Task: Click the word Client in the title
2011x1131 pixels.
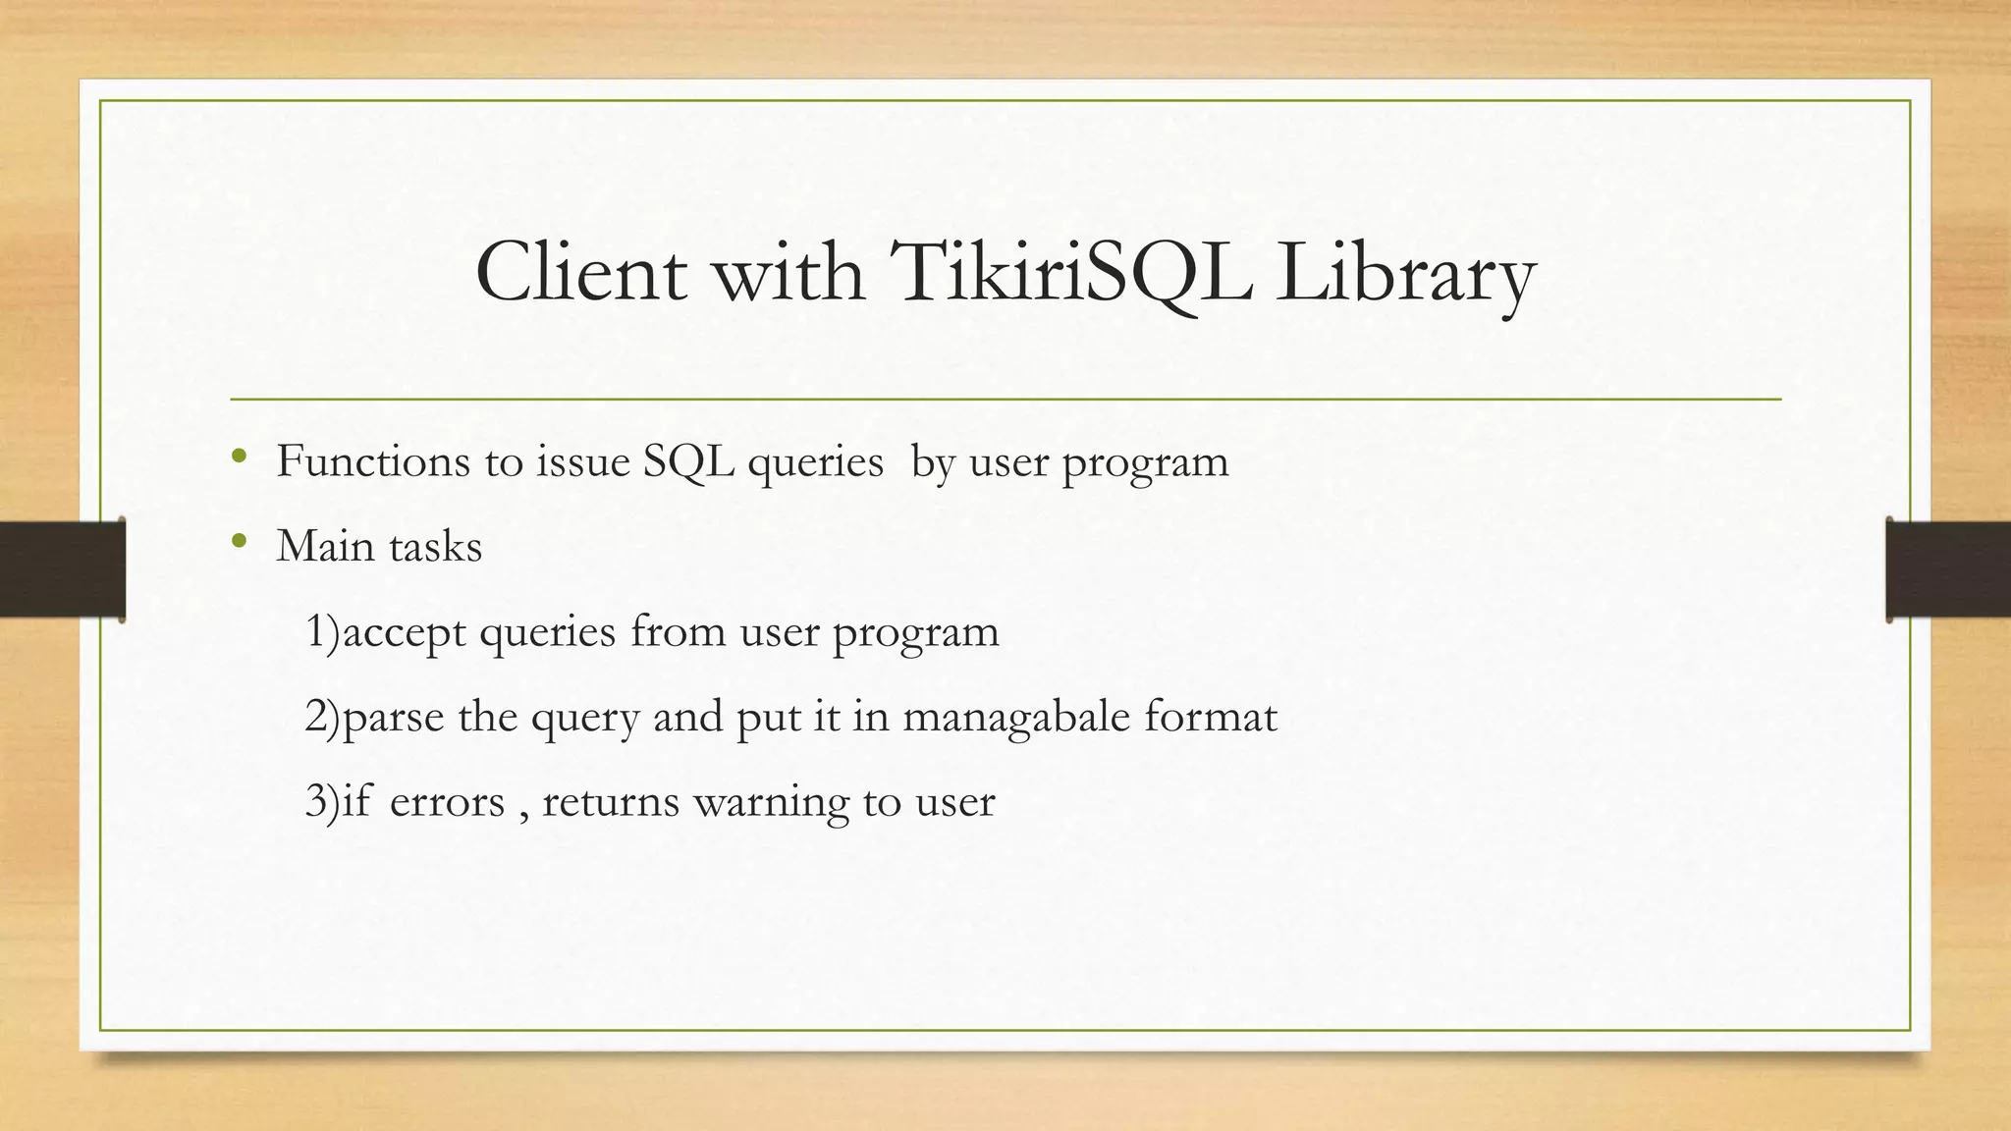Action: (579, 273)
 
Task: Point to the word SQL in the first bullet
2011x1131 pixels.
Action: (688, 461)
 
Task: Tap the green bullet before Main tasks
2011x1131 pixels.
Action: (239, 541)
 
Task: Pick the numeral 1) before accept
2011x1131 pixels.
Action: (322, 631)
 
